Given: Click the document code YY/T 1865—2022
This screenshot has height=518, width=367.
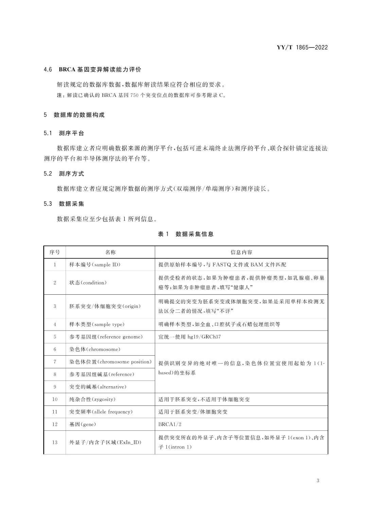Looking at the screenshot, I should point(302,48).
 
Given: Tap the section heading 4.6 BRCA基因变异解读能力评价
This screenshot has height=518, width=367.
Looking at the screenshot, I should point(92,70).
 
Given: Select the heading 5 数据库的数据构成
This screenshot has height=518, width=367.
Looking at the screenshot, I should point(74,115).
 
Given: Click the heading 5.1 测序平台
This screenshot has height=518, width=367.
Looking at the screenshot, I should point(64,133).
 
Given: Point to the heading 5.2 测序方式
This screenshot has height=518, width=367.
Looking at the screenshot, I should point(64,174).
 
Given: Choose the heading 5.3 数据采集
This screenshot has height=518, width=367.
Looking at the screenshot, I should point(64,204).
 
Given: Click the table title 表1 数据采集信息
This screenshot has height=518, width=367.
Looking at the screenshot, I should point(186,234).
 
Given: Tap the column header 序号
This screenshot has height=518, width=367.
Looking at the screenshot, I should point(55,252).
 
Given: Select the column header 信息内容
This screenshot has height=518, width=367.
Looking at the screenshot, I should point(241,252).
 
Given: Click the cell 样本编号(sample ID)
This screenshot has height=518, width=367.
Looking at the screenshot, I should point(95,265).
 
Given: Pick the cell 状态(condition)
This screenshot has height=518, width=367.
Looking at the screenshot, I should point(88,283).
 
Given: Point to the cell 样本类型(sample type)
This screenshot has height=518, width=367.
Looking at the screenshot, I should point(97,325).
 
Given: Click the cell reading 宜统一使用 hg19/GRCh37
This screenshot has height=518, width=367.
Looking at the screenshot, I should point(189,337).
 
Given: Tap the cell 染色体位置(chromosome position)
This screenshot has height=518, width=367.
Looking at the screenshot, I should point(110,362).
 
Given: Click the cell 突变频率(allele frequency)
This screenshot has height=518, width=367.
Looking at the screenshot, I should point(101,412).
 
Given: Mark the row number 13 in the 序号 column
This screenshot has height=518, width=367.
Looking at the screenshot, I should point(55,442).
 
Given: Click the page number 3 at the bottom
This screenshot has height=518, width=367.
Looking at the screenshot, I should point(318,481).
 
